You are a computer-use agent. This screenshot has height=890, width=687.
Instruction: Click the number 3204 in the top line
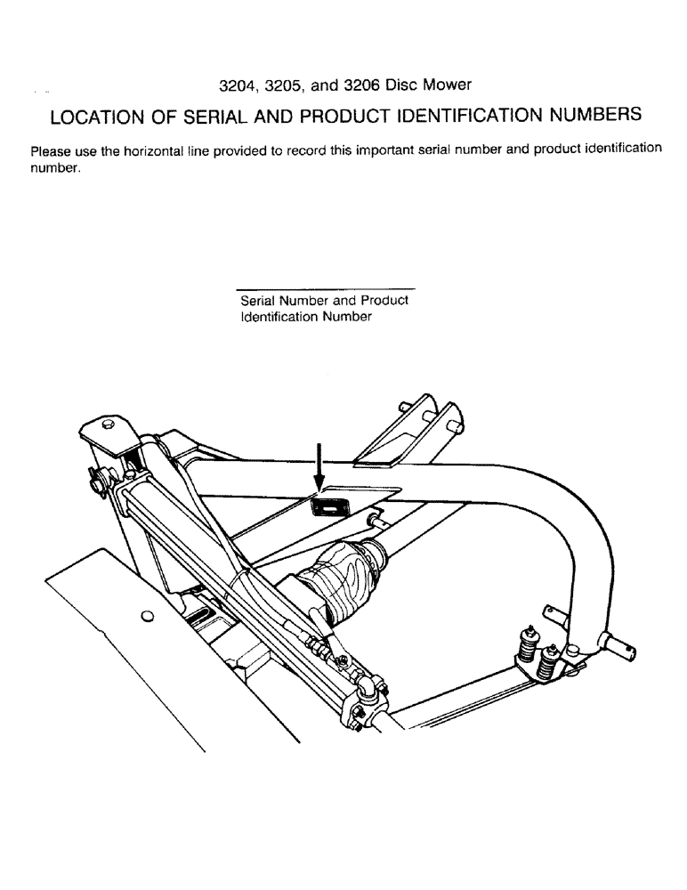click(x=238, y=85)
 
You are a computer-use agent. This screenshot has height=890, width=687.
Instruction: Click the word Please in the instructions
click(x=51, y=150)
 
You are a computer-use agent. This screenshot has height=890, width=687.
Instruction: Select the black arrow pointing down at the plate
click(x=319, y=467)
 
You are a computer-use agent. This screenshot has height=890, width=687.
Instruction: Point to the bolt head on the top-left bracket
click(x=108, y=423)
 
